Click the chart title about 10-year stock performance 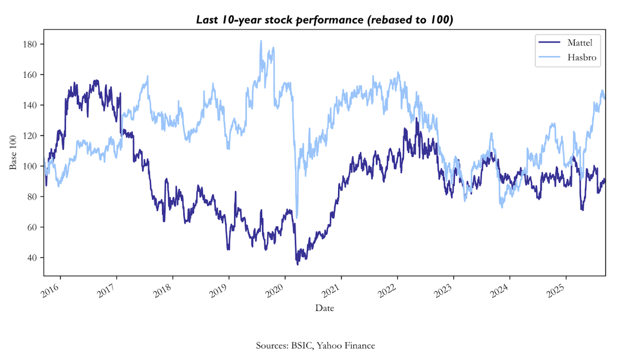pos(325,20)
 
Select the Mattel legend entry pos(580,42)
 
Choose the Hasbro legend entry pos(581,57)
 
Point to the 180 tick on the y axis pos(32,44)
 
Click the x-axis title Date pos(325,308)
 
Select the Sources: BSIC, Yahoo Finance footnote pos(315,346)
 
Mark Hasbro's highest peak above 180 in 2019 pos(261,41)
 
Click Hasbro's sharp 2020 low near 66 pos(297,217)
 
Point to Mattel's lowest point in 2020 pos(298,264)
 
